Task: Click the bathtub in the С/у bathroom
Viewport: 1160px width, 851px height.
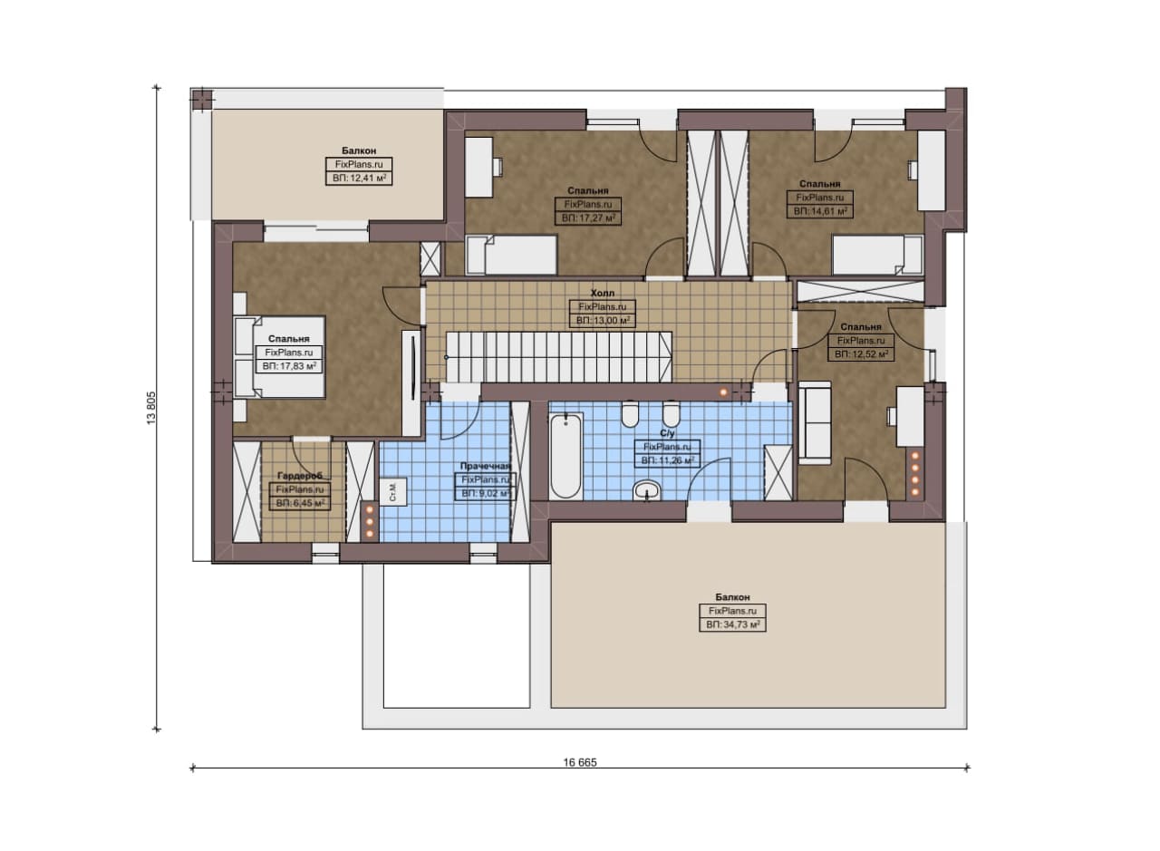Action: (566, 455)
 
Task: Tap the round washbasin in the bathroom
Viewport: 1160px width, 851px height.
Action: (647, 490)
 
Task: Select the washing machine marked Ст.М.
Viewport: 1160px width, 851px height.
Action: (393, 491)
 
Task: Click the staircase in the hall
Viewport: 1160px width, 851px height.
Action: (559, 357)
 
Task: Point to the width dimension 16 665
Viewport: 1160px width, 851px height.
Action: (580, 762)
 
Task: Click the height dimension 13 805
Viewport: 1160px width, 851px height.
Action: (151, 408)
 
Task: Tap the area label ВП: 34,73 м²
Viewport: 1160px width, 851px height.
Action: (733, 624)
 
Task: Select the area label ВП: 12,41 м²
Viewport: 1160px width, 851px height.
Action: (359, 179)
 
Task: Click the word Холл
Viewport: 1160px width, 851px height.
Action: (603, 293)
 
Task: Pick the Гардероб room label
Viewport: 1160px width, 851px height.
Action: (299, 476)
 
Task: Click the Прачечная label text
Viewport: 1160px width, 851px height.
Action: (486, 466)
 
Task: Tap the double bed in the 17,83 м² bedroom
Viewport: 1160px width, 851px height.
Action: (280, 357)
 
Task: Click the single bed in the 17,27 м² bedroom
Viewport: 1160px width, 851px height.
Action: (511, 255)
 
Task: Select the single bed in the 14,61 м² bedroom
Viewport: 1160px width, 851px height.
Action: (877, 255)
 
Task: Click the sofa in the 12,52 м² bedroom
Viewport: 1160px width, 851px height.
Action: (815, 422)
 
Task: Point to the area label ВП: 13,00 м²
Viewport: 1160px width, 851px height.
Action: (603, 321)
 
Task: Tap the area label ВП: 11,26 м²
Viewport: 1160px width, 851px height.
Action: (668, 460)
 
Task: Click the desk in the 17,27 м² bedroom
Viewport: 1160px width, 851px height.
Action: (478, 167)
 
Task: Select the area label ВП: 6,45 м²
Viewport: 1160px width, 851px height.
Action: (300, 503)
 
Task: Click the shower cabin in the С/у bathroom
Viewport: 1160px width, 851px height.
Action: (778, 472)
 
